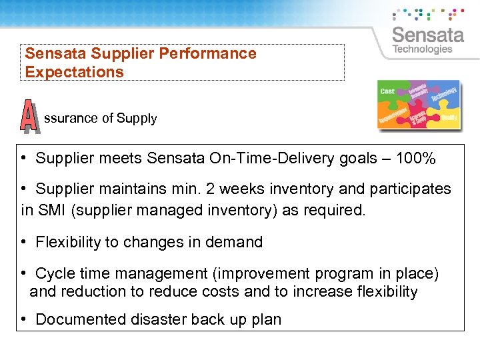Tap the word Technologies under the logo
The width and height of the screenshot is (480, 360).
tap(422, 49)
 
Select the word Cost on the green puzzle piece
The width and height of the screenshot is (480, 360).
tap(387, 91)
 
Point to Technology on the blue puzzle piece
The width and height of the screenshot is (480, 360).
tap(443, 95)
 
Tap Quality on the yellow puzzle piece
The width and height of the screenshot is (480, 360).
tap(449, 117)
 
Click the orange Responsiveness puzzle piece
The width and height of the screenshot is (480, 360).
tap(393, 116)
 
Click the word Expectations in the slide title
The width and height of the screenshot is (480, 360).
tap(75, 72)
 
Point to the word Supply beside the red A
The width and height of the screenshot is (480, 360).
tap(137, 119)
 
